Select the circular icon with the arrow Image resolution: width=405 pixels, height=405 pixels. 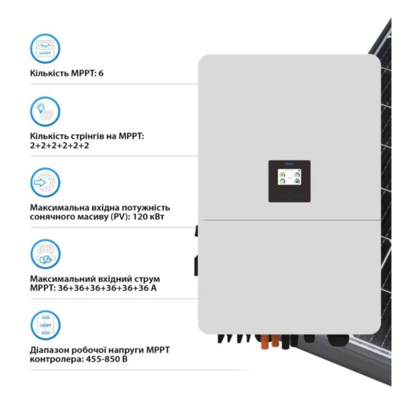click(x=45, y=183)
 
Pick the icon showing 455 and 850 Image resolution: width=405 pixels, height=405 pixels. click(x=45, y=326)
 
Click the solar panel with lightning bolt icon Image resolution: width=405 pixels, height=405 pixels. click(x=45, y=255)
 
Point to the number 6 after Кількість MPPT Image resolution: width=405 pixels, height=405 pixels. click(x=101, y=74)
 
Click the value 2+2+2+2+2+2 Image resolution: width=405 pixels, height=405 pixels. click(x=59, y=146)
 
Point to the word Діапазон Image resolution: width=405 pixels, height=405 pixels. click(x=50, y=350)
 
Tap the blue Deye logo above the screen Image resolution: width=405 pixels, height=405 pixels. click(x=289, y=165)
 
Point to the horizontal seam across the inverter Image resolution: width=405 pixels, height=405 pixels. click(x=289, y=222)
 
